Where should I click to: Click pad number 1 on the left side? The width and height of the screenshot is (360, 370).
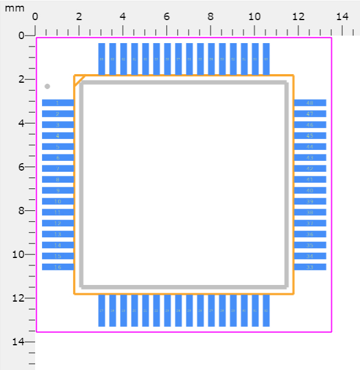coord(58,103)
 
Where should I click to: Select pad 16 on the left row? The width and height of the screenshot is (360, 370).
coord(58,267)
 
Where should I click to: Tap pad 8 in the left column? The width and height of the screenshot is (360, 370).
coord(58,179)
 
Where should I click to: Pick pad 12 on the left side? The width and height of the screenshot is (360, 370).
coord(58,223)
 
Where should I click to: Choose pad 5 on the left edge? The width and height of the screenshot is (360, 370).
coord(58,147)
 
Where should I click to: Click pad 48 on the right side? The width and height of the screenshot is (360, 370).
coord(310,103)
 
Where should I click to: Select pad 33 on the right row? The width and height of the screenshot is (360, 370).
coord(310,267)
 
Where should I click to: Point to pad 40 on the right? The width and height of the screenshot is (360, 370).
coord(310,190)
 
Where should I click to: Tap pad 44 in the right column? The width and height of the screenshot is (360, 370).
coord(310,147)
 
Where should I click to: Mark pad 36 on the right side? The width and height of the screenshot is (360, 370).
coord(310,234)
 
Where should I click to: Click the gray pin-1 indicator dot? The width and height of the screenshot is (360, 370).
coord(47,86)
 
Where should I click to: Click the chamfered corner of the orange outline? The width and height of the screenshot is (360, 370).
coord(80,80)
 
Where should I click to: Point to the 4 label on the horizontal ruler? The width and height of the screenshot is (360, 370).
coord(122,17)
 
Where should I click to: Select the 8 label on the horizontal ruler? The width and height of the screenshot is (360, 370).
coord(210,17)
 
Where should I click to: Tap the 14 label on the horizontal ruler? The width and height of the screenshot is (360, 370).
coord(342,17)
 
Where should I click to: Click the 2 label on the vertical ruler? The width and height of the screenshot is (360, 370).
coord(21,79)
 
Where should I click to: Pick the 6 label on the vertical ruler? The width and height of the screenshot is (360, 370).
coord(21,167)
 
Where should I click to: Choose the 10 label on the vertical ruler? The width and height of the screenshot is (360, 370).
coord(19,255)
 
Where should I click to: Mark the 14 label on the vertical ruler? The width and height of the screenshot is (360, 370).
coord(19,342)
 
